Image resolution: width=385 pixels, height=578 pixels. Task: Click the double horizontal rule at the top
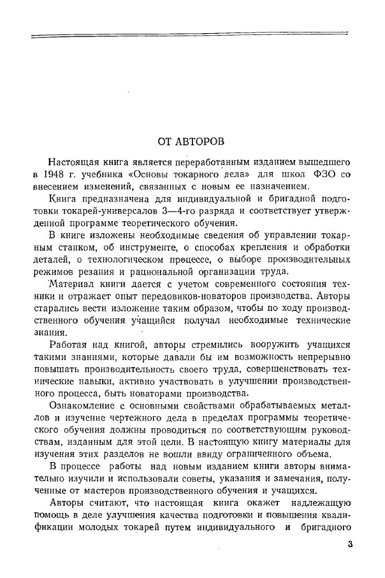pyautogui.click(x=191, y=37)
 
